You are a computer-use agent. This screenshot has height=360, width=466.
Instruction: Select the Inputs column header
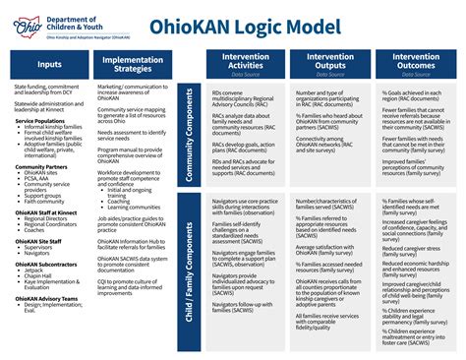tap(48, 64)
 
